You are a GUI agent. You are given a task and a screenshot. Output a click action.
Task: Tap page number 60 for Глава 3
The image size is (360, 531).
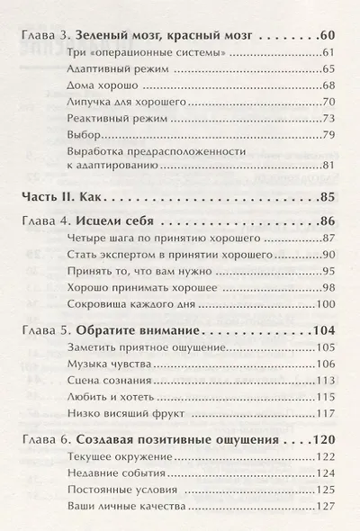click(x=326, y=38)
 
